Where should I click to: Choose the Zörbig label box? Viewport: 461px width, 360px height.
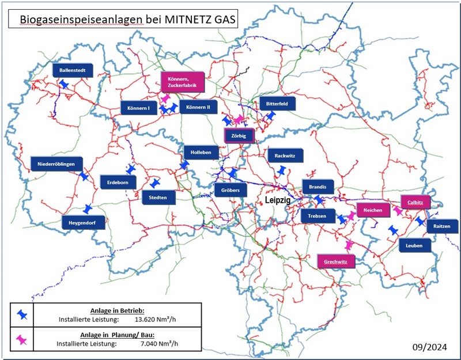pos(238,136)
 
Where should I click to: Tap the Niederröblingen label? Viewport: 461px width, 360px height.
pos(56,164)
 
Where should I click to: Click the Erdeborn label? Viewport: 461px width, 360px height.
pos(118,182)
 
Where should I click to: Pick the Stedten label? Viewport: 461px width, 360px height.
pos(158,198)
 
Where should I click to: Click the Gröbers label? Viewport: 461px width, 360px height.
pos(231,190)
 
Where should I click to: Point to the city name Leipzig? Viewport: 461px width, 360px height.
pos(278,199)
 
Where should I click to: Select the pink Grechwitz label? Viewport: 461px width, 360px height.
pos(336,260)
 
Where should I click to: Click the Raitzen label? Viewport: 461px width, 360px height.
pos(443,227)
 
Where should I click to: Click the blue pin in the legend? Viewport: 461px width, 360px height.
pos(22,314)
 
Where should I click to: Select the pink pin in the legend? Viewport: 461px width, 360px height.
pos(22,340)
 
